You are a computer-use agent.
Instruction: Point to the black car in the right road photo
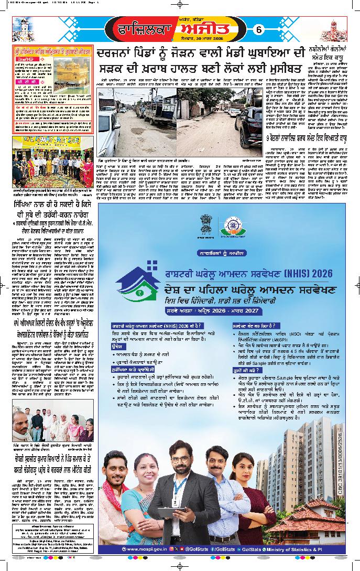tap(252, 120)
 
